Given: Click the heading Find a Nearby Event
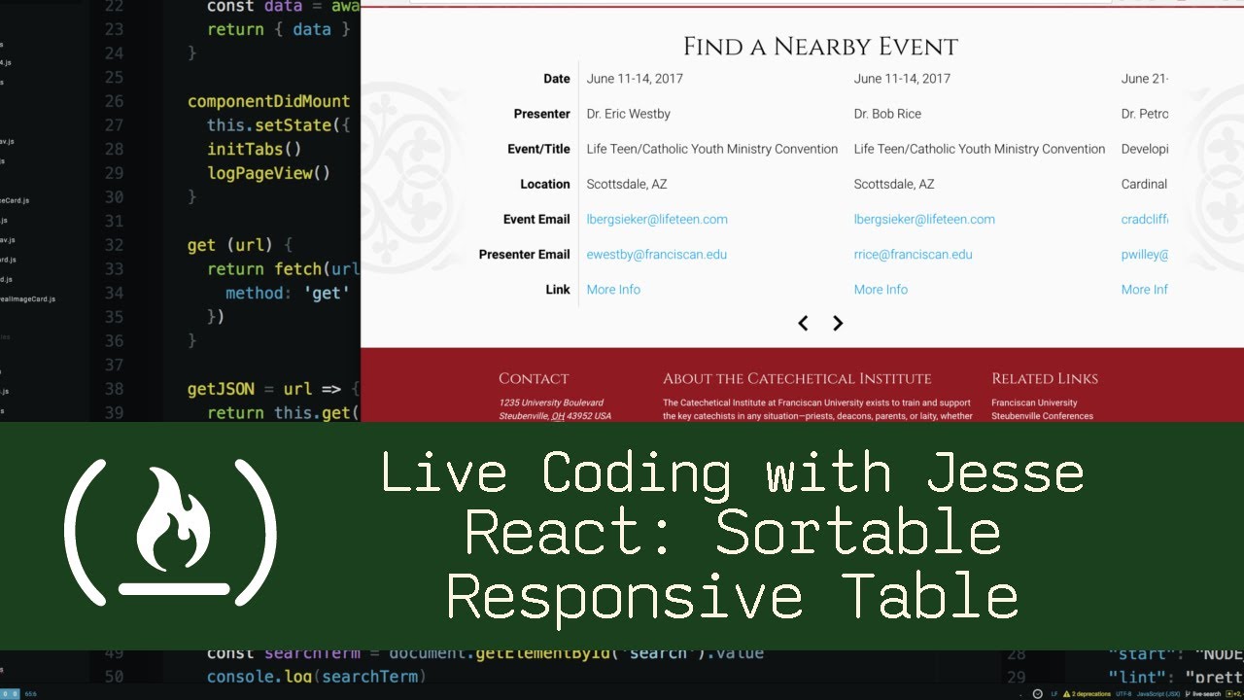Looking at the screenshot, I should [x=820, y=47].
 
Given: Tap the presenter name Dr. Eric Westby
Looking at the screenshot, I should [x=628, y=114].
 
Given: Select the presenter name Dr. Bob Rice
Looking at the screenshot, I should [x=887, y=114].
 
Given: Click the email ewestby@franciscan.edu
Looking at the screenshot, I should [x=656, y=255].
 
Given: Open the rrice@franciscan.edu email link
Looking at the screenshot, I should [x=913, y=255].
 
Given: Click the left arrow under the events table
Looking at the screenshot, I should [x=803, y=324].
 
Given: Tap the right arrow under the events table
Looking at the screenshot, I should [x=838, y=324].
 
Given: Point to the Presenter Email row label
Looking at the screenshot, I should [x=524, y=255].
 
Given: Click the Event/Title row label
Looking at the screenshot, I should [x=538, y=150].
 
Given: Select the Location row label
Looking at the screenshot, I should [x=544, y=185].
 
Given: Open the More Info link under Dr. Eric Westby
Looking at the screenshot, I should [x=613, y=290].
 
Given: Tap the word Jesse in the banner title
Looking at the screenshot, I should [x=1005, y=473].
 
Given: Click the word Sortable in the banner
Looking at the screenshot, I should [x=858, y=534].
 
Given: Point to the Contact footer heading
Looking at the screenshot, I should [x=534, y=379].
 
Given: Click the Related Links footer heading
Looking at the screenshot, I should [x=1045, y=379].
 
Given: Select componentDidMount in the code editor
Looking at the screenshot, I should [x=268, y=101].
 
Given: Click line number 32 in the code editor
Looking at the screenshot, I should [x=113, y=245].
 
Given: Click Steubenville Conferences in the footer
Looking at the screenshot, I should [x=1042, y=416].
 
